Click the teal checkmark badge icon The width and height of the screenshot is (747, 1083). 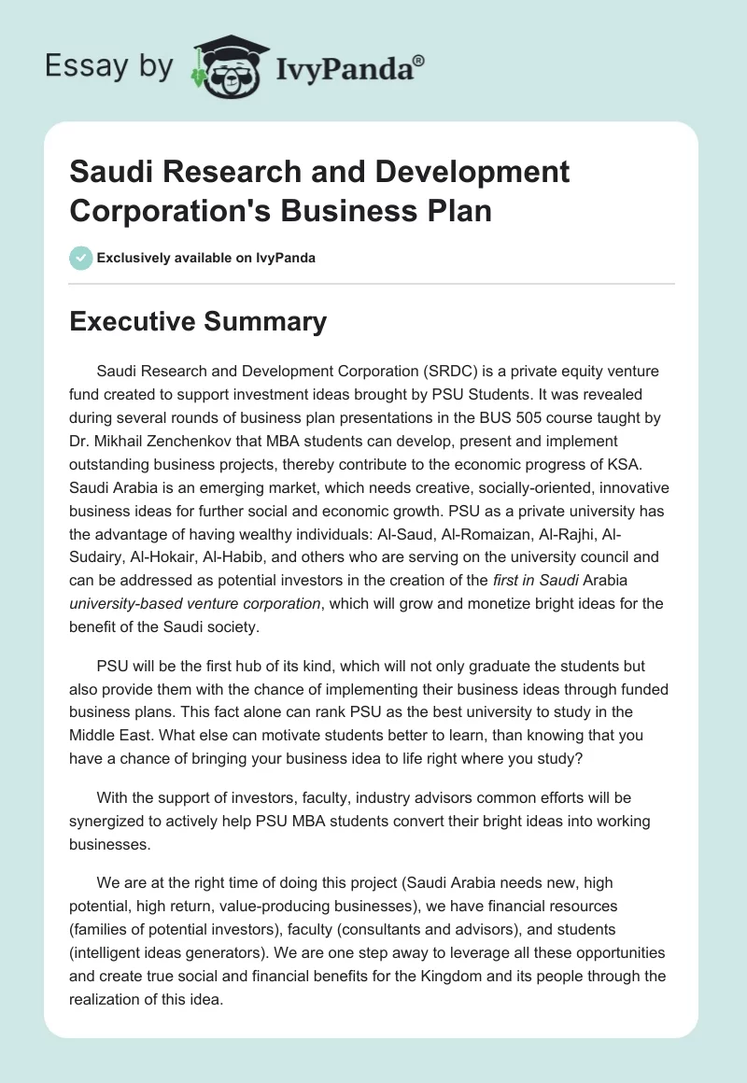pyautogui.click(x=81, y=258)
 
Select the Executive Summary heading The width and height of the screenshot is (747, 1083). pyautogui.click(x=199, y=322)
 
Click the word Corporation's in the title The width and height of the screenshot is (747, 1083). pyautogui.click(x=164, y=209)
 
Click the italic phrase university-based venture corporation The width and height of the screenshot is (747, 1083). pyautogui.click(x=194, y=603)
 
